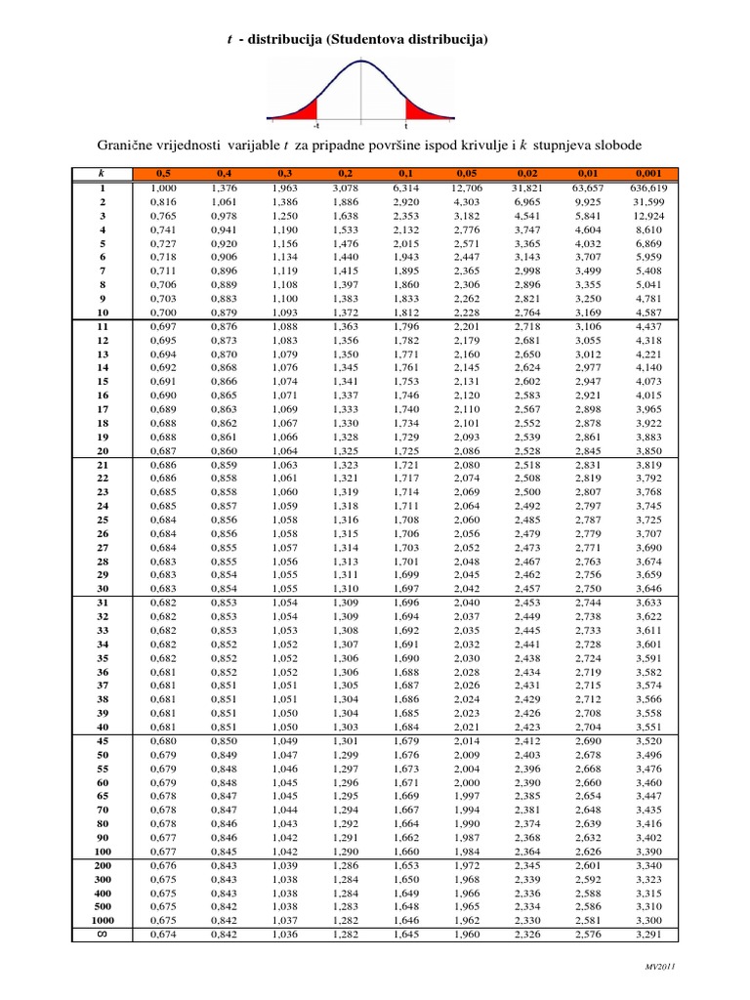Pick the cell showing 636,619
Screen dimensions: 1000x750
tap(648, 187)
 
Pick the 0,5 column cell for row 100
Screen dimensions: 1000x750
tap(162, 852)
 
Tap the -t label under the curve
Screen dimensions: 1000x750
tap(315, 127)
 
